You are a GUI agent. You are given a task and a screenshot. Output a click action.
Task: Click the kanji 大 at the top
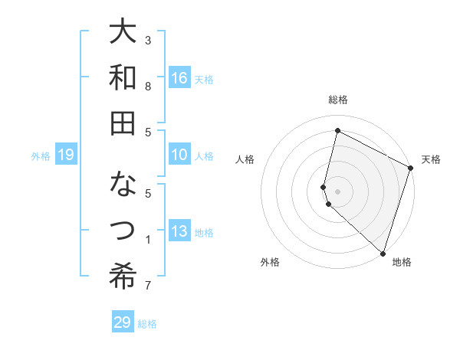(123, 33)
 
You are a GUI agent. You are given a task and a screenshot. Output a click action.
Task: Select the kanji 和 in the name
(123, 77)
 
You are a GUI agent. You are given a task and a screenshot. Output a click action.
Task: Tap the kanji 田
(123, 123)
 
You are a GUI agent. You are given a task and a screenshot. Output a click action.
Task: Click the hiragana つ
(123, 231)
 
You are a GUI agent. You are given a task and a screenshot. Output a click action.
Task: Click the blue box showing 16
(179, 77)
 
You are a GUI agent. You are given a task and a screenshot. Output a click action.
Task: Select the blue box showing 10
(179, 155)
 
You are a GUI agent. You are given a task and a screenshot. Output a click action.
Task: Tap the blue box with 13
(179, 231)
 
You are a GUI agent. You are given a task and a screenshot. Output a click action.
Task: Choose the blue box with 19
(66, 155)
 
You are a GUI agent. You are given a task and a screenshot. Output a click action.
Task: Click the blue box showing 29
(123, 322)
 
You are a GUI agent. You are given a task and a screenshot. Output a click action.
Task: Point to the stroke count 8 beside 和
(148, 87)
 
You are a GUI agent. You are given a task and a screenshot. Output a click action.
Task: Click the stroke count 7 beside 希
(148, 286)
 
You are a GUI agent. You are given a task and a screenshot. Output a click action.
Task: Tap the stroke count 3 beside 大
(148, 40)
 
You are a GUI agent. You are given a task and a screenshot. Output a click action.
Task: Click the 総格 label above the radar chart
(338, 100)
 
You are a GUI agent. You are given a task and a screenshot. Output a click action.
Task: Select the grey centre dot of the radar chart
(338, 190)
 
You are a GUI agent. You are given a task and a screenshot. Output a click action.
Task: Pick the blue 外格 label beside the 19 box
(41, 156)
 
